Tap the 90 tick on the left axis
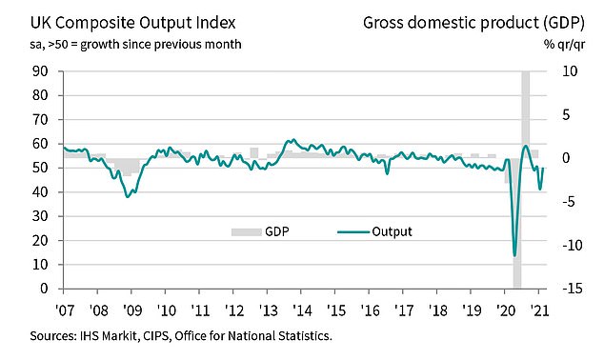[40, 70]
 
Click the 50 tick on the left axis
[40, 168]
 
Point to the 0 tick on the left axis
[44, 289]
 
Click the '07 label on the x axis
[64, 310]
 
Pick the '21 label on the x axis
[538, 310]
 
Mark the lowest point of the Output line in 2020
[515, 255]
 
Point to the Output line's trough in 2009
[128, 196]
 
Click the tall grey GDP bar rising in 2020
[525, 114]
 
